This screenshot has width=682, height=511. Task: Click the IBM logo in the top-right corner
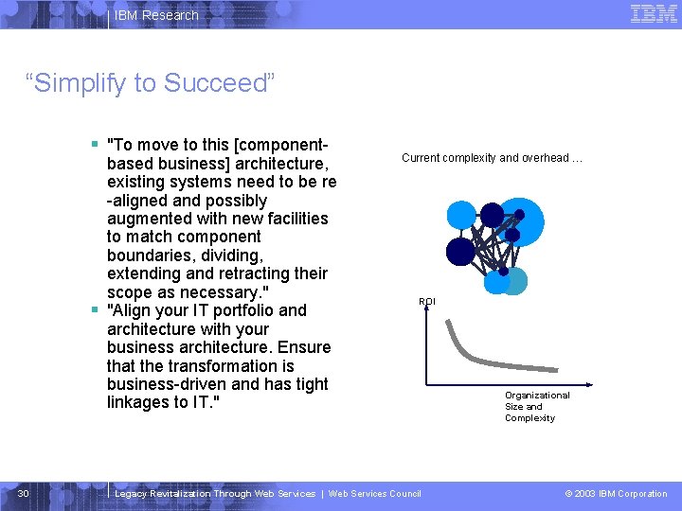[654, 13]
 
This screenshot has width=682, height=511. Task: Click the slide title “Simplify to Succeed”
[152, 83]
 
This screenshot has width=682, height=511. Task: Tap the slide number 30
[24, 493]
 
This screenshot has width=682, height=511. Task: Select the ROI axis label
[427, 301]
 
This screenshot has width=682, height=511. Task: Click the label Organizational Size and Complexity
[536, 406]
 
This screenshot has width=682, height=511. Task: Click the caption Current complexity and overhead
[491, 158]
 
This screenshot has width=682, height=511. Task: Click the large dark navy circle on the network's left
[460, 251]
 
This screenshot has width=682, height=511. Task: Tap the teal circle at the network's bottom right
[513, 281]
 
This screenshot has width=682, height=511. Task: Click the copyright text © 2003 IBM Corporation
[616, 493]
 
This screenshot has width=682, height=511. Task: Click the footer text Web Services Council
[374, 493]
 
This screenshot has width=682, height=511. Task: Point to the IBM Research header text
[156, 15]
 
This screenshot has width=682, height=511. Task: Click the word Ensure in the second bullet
[304, 347]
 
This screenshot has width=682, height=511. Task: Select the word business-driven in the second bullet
[167, 384]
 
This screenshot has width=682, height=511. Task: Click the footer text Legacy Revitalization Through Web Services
[214, 493]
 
